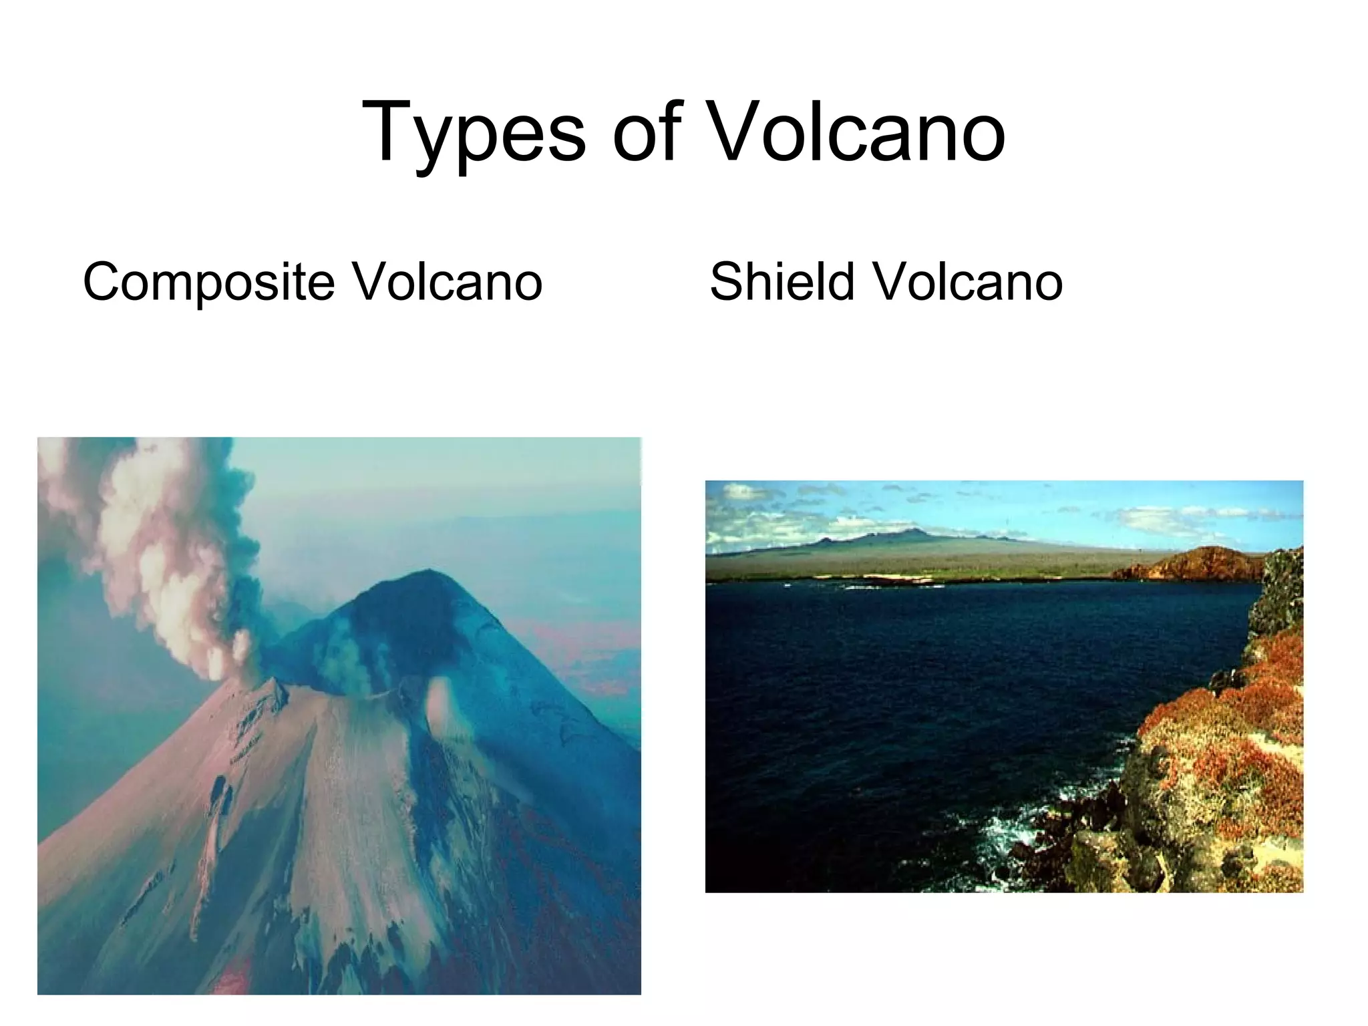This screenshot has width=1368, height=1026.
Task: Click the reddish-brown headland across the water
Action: (x=1196, y=564)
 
